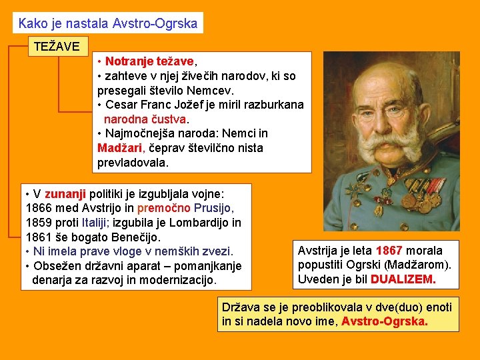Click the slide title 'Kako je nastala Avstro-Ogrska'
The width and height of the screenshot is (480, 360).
coord(108,23)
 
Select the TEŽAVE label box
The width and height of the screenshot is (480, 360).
coord(56,47)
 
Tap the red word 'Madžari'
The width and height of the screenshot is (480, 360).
coord(119,148)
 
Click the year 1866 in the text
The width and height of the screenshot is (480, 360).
coord(39,208)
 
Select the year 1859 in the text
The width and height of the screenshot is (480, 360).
coord(39,223)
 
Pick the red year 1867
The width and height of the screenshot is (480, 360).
coord(389,251)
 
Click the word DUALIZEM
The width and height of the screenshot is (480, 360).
coord(403,280)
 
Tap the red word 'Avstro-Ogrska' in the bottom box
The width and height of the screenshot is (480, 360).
coord(385,322)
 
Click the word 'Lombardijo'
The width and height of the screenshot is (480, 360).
coord(197,223)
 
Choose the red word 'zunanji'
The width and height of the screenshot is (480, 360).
coord(65,193)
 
